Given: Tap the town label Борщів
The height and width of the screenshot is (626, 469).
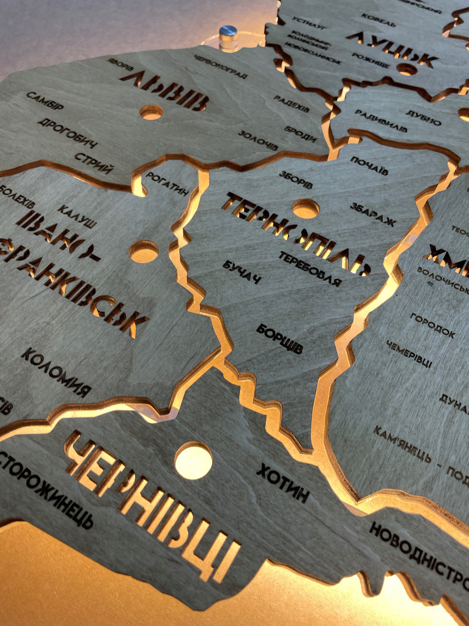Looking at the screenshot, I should click(x=279, y=338).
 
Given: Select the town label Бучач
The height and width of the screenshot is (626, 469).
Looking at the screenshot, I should click(x=241, y=271).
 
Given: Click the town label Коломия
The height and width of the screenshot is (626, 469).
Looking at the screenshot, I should click(x=55, y=372).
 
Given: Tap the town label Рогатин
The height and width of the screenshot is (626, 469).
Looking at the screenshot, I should click(x=167, y=183).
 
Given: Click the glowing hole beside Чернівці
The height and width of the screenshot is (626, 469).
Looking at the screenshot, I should click(x=193, y=460).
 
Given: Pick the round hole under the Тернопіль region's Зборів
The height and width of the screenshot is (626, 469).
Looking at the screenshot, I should click(x=305, y=209).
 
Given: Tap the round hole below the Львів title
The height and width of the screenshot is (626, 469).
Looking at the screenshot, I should click(x=151, y=112).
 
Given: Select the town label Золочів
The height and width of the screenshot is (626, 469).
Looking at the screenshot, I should click(x=258, y=140).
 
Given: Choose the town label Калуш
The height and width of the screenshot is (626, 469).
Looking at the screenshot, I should click(x=77, y=217).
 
